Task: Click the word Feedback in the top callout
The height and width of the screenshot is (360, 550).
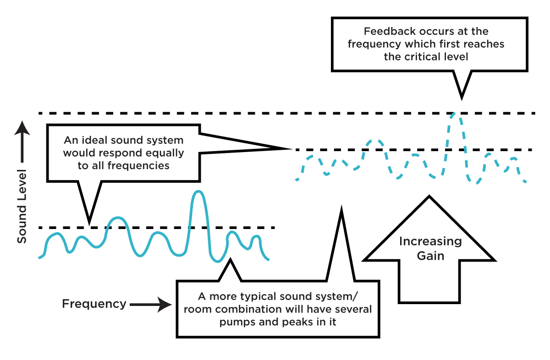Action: click(x=383, y=32)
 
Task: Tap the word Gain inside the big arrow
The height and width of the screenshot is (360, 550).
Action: click(x=430, y=256)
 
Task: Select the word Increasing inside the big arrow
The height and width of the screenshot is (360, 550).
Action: click(x=430, y=241)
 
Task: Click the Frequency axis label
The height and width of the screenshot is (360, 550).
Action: click(x=94, y=304)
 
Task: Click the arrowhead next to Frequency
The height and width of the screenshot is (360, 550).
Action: click(x=164, y=304)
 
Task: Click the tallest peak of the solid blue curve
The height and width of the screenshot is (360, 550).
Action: click(x=198, y=191)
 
